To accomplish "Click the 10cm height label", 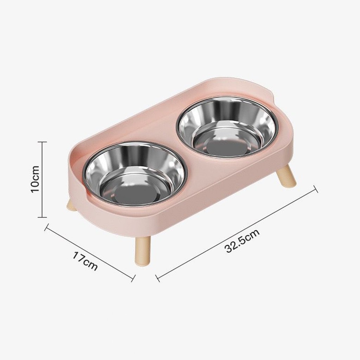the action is (x=36, y=179).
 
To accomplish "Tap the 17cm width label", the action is (x=85, y=262).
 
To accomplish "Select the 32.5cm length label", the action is (x=243, y=240).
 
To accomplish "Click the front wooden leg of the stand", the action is (x=143, y=251).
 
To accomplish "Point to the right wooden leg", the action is (x=286, y=176).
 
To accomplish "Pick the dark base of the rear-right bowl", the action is (x=226, y=147).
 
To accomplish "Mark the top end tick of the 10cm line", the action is (x=42, y=142).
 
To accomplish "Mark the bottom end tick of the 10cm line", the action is (x=42, y=217).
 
